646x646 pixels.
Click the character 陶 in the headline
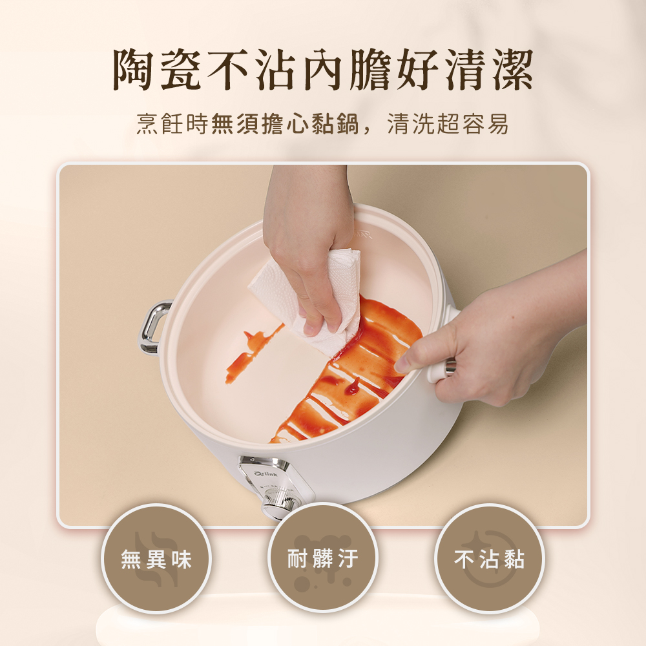coord(134,69)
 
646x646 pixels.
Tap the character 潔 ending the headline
coord(512,69)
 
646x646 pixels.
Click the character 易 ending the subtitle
coord(497,123)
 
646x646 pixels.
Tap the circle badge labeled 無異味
coord(156,559)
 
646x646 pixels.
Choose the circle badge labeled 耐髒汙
coord(322,559)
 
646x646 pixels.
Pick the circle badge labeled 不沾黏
coord(490,559)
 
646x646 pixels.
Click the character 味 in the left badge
coord(182,559)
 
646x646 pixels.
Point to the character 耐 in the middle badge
coord(297,559)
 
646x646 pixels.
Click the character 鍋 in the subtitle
coord(347,123)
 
